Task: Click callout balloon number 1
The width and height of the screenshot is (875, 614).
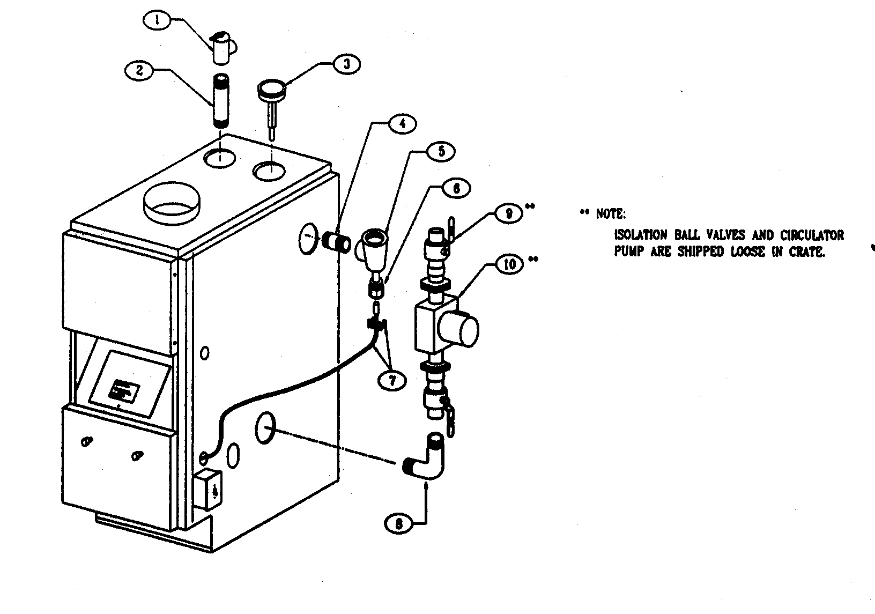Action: (157, 21)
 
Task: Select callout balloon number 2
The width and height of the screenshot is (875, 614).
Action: (139, 70)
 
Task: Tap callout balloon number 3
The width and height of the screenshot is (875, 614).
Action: (346, 64)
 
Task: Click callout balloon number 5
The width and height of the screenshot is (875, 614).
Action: (441, 152)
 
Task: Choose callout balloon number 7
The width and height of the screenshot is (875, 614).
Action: (391, 380)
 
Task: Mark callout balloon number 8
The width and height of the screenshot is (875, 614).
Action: (398, 523)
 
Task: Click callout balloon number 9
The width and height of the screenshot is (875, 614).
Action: (509, 213)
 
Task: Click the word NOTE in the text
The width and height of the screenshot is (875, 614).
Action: (610, 214)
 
